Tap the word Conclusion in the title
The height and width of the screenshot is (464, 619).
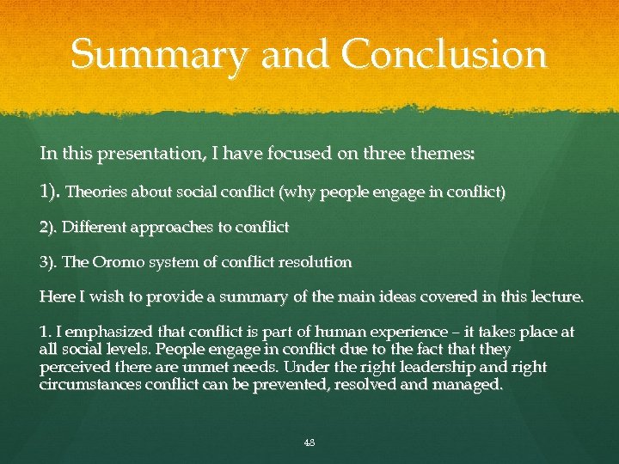(x=444, y=55)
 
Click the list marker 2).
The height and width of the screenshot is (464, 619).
(x=49, y=228)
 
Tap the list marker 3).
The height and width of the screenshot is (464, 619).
(x=49, y=262)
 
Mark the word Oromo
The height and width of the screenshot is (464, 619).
(x=117, y=262)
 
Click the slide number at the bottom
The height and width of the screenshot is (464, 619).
(x=309, y=443)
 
